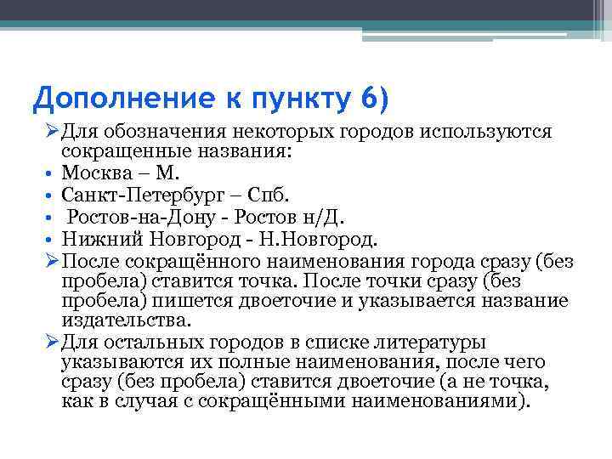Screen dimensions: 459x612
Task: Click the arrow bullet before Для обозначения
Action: coord(52,133)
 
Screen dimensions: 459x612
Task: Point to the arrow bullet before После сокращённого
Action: coord(52,260)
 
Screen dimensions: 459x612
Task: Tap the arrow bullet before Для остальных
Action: coord(52,343)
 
